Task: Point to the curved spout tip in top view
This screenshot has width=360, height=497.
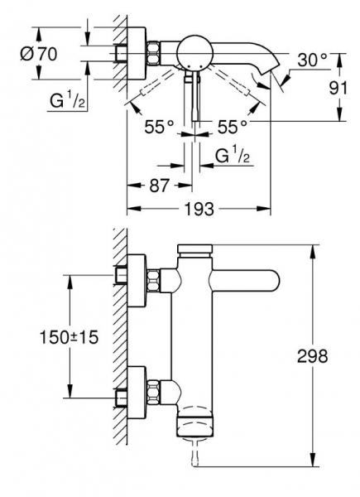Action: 268,80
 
